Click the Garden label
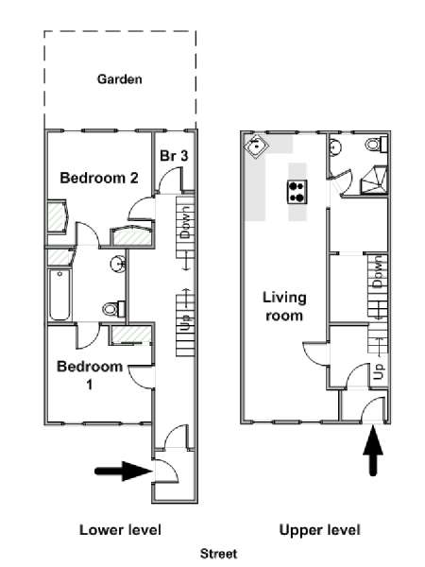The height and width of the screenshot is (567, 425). pos(120,79)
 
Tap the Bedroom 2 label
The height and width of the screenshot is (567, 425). pos(99,178)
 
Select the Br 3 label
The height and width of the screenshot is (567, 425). pos(174,156)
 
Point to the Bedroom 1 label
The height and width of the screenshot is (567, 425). pos(90,375)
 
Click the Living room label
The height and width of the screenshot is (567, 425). pos(284,306)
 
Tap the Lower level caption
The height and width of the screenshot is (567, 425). pos(120,530)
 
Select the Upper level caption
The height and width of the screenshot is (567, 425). pos(320,530)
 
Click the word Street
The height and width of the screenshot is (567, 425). pos(219,553)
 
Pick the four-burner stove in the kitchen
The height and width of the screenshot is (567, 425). pos(297,192)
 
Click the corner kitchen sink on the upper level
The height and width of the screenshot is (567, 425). pos(256,146)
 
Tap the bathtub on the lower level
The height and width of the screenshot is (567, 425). pos(59,295)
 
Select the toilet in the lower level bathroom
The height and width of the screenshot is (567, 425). pos(114,309)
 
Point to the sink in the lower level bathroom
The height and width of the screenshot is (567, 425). pos(118,263)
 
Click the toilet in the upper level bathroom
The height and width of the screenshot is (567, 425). pos(376,145)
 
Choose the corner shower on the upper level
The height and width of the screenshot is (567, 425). pos(374,180)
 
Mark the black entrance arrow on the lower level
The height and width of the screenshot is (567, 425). pos(123,472)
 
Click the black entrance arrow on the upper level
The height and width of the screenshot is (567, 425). pos(373,450)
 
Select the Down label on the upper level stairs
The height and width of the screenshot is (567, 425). pos(377,272)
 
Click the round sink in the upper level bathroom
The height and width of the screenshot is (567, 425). pos(335,147)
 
